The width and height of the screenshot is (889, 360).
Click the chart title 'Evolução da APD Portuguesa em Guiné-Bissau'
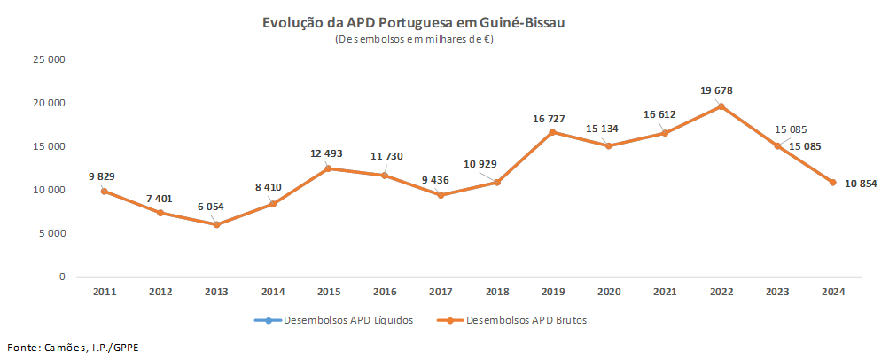(414, 23)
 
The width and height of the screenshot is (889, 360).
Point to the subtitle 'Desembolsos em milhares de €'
(414, 40)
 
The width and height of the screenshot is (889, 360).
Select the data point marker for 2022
(721, 106)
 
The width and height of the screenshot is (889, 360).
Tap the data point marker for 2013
(216, 224)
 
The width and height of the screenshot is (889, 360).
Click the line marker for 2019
(553, 132)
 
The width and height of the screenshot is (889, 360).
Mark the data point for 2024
(833, 183)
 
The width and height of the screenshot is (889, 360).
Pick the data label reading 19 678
(716, 90)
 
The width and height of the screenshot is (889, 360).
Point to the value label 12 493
(325, 153)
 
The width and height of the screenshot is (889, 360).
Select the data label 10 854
(861, 184)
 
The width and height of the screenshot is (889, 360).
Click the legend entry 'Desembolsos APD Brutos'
(524, 320)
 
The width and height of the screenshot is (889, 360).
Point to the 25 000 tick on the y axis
(50, 60)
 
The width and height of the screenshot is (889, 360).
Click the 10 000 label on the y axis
(50, 190)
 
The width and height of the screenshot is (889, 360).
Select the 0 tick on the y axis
(62, 277)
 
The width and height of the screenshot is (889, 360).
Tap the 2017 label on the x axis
(441, 292)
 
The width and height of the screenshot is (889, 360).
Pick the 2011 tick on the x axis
(104, 292)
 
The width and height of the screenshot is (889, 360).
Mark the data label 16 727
(550, 118)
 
